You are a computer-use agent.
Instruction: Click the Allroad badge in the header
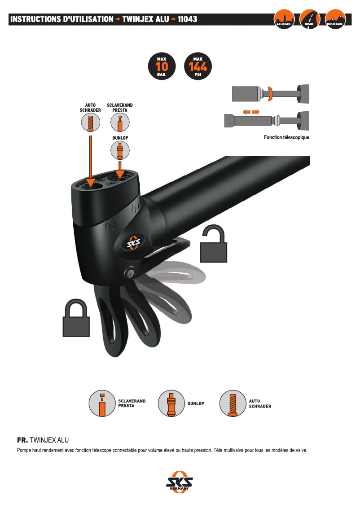coord(284,19)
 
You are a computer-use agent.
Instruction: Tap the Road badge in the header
coord(309,19)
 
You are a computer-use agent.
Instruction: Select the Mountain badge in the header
coord(335,19)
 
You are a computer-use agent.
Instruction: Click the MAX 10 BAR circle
coord(162,66)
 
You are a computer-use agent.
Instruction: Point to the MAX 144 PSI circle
coord(198,66)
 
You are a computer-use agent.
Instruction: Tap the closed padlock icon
coord(76,318)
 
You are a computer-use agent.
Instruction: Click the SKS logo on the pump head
coord(134,242)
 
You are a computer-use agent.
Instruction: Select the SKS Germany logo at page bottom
coord(180,482)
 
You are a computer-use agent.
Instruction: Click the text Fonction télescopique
coord(286,137)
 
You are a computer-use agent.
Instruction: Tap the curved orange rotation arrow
coord(269,93)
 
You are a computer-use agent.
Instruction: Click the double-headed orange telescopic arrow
coord(251,112)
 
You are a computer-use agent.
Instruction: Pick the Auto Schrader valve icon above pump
coord(91,123)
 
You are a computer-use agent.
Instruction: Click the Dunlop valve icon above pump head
coord(120,150)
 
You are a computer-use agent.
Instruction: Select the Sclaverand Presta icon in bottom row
coord(102,404)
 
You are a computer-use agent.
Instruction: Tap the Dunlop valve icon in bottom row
coord(171,404)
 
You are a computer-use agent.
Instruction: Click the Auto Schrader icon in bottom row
coord(233,404)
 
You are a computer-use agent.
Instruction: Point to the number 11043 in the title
coord(187,19)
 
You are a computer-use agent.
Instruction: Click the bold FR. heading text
coord(22,440)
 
